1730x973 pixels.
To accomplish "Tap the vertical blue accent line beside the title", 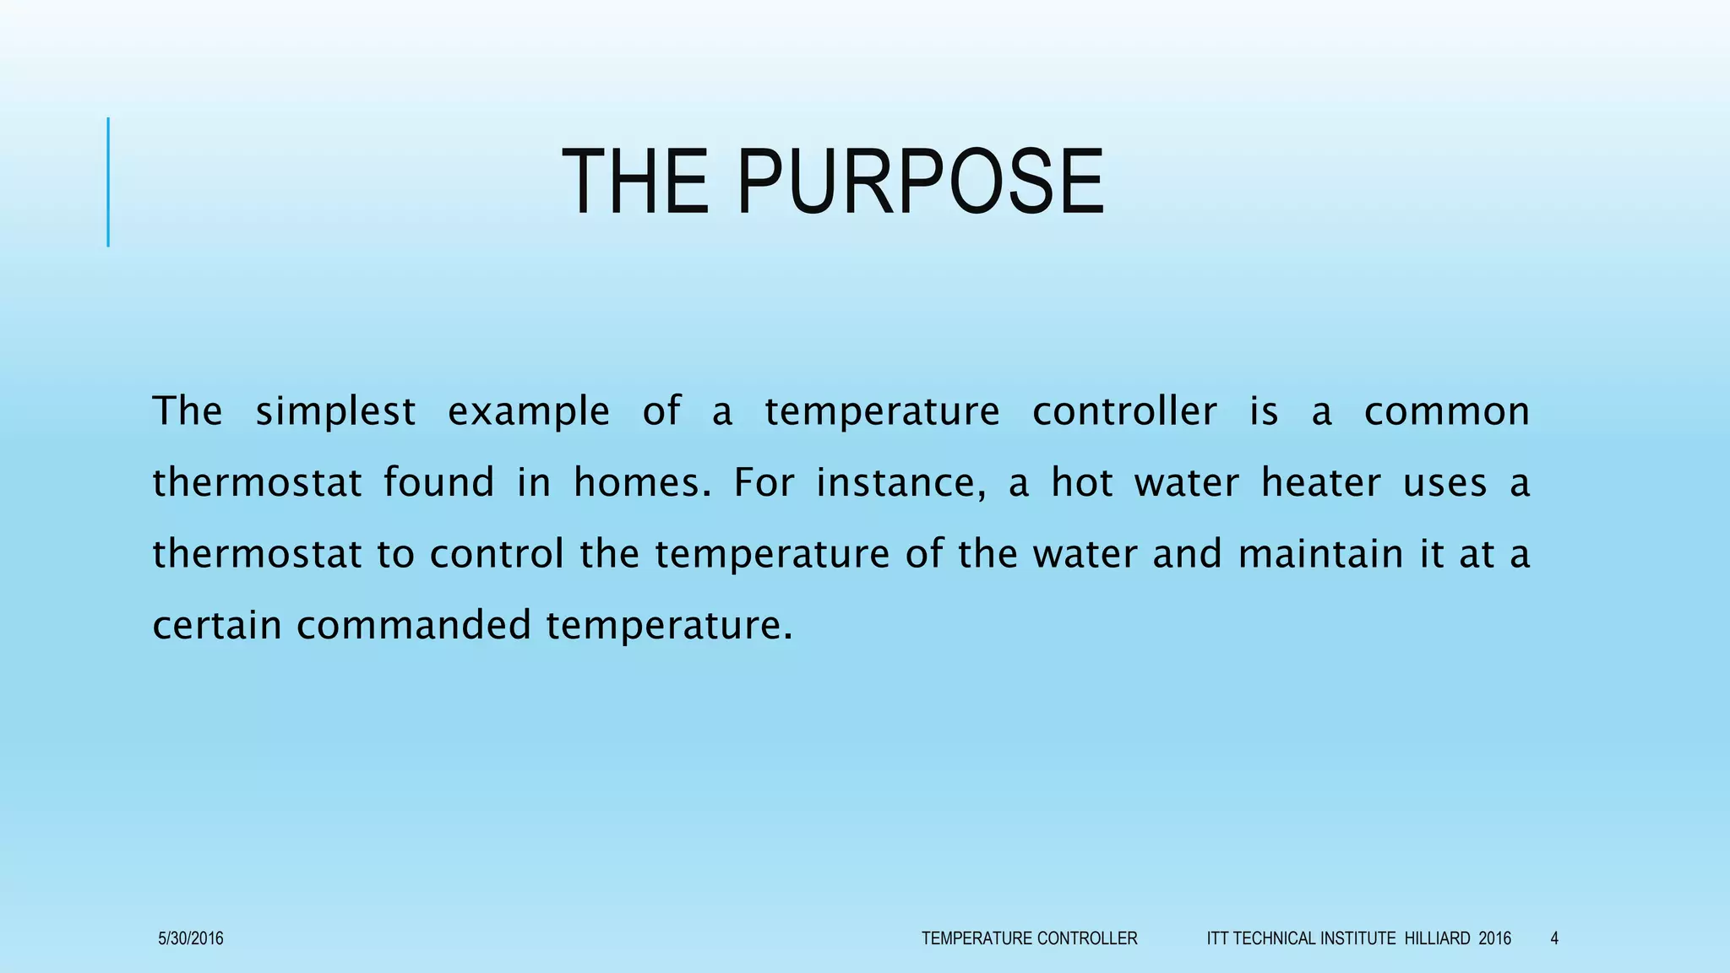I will click(x=108, y=182).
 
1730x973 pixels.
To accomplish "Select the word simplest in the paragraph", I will click(x=335, y=412).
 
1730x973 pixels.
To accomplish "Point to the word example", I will click(x=528, y=412).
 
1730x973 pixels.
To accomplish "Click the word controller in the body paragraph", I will click(x=1124, y=411).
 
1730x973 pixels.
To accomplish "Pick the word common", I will click(x=1446, y=411).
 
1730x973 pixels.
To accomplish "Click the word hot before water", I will click(x=1081, y=483).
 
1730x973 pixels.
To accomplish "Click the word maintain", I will click(x=1320, y=554).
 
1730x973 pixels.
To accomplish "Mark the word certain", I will click(x=216, y=626).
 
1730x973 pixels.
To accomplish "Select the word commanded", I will click(x=413, y=626).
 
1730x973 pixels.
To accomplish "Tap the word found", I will click(x=438, y=483).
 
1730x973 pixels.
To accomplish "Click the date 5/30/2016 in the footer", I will click(x=191, y=938).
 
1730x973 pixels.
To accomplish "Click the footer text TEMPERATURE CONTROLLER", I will click(x=1029, y=938).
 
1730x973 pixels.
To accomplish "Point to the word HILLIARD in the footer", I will click(x=1437, y=938).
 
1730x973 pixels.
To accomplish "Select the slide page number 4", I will click(x=1554, y=938).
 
